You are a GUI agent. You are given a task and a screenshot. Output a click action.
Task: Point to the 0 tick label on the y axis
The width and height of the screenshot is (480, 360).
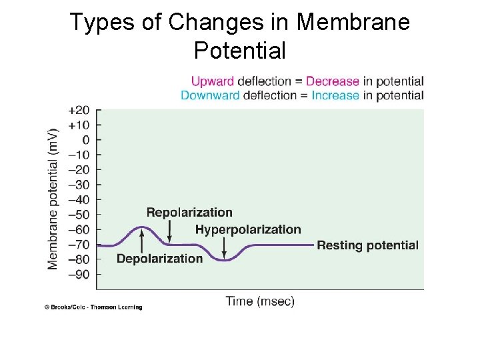coord(85,140)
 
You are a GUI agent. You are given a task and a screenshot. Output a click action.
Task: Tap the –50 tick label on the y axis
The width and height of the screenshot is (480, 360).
coord(79,215)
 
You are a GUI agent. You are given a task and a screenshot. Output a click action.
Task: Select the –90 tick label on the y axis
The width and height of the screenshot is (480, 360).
coord(79,274)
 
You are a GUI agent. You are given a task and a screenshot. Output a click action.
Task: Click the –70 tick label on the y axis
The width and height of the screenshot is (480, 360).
coord(79,245)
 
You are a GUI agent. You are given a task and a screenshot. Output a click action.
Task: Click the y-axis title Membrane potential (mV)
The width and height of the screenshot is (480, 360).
coord(53,199)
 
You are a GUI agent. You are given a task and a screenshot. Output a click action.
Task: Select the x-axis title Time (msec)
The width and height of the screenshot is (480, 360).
coord(260,301)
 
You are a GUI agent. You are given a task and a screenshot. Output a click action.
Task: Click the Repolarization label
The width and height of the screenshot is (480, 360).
coord(189,213)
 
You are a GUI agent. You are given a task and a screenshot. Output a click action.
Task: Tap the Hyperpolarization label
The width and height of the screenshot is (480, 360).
coord(248,229)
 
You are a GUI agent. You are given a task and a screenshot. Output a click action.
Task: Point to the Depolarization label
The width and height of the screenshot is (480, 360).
coord(159,259)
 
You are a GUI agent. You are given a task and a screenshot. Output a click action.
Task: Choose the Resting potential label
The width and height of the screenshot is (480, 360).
coord(367,245)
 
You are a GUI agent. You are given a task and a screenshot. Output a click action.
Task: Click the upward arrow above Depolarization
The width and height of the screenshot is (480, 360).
coord(141,239)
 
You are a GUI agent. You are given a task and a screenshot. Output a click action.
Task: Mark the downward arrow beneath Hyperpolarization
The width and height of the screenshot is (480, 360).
coord(224,248)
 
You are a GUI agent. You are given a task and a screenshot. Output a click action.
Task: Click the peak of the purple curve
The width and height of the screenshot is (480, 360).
coord(141,227)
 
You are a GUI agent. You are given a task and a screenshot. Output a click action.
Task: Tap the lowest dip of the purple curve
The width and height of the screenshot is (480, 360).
coord(225,260)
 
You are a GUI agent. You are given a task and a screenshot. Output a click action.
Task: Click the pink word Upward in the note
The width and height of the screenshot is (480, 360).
coord(213,81)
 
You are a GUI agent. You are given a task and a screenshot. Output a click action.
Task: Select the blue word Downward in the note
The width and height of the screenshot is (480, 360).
coord(210,95)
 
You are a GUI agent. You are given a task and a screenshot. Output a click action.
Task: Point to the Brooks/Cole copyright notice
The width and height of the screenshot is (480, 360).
coord(93,307)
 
